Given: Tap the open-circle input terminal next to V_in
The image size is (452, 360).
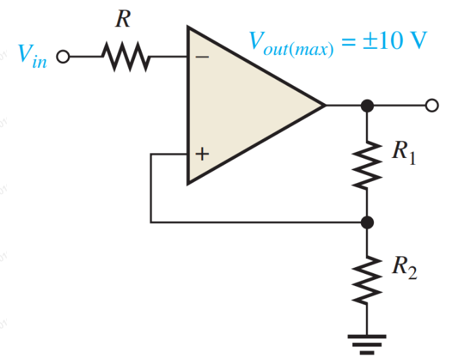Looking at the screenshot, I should pos(63,57).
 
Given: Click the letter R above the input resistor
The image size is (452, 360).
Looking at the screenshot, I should pos(122,19).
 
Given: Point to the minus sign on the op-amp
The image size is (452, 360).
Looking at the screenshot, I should pos(202,58).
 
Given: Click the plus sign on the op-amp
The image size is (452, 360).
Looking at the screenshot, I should pos(202,155).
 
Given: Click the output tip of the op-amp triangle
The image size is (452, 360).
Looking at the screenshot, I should pos(324,105).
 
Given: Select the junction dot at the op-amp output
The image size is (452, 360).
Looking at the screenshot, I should pos(367,105).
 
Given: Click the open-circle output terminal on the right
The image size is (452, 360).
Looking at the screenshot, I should pos(430,105).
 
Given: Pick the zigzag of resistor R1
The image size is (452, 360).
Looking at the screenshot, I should pos(367,163).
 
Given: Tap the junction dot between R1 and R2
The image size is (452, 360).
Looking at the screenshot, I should pos(367,222).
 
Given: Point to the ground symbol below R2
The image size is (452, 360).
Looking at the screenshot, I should pos(367,340).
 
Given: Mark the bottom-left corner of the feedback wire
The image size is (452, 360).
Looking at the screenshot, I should pos(151,222).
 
